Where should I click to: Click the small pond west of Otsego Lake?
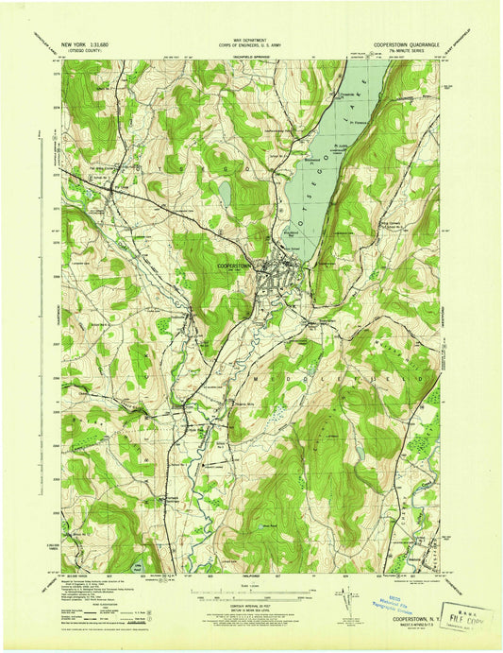coord(225,193)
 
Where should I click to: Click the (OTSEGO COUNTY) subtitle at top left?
coord(84,51)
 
